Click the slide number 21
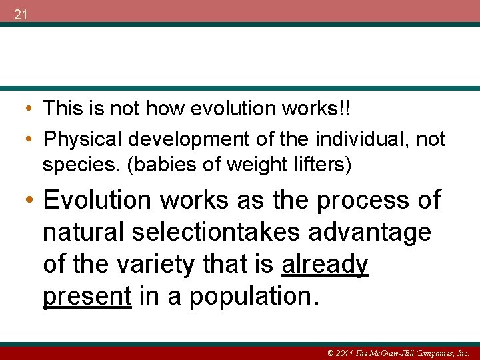click(x=21, y=15)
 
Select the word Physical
click(x=85, y=139)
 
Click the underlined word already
click(x=325, y=265)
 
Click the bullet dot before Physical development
click(x=31, y=139)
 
